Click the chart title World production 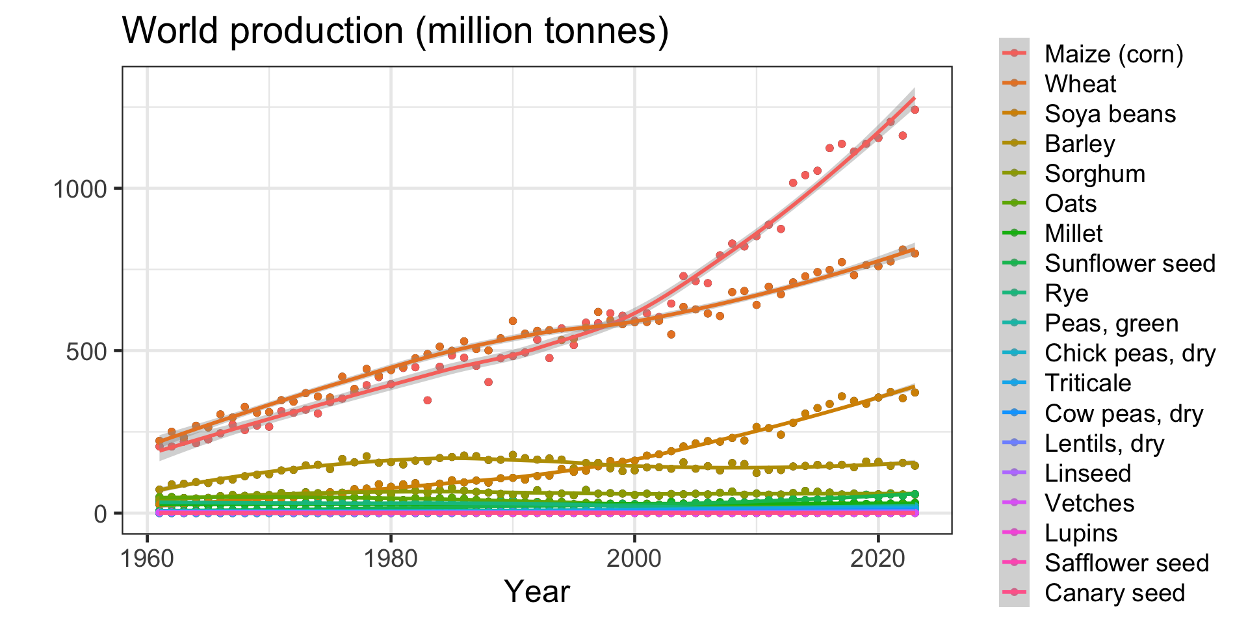tap(395, 31)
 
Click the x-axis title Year tap(537, 591)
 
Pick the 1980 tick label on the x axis tap(391, 558)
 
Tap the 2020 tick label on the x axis tap(877, 558)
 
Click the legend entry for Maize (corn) tap(1113, 54)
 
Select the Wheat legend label tap(1080, 84)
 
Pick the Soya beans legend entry tap(1110, 114)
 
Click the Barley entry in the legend tap(1080, 144)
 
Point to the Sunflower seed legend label tap(1130, 263)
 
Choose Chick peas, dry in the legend tap(1130, 353)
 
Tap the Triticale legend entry tap(1087, 383)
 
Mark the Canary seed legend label tap(1114, 593)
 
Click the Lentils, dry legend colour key tap(1014, 443)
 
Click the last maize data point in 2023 tap(915, 110)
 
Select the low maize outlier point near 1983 tap(427, 400)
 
